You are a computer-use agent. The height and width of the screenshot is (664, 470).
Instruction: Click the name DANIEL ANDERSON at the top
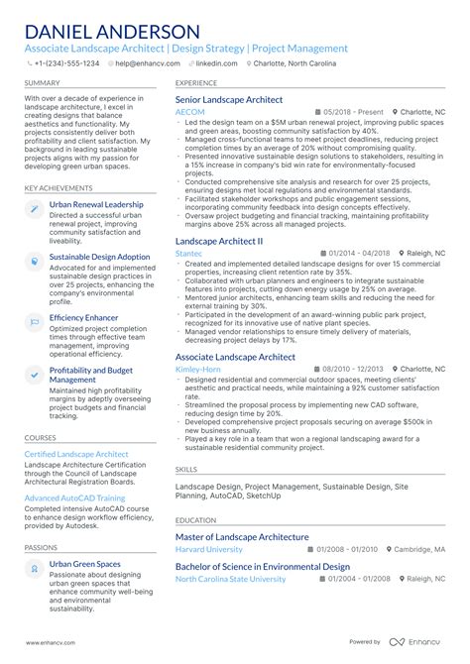(116, 32)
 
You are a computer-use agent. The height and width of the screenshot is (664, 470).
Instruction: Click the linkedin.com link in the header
(217, 62)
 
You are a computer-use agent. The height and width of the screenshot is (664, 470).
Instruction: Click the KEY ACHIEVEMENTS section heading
(60, 186)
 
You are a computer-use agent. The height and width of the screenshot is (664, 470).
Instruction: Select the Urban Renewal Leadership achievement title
(96, 204)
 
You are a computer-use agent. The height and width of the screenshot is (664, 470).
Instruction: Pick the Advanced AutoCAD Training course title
(74, 498)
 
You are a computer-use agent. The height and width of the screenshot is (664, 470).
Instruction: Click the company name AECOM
(190, 113)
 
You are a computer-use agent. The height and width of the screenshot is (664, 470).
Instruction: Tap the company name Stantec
(188, 254)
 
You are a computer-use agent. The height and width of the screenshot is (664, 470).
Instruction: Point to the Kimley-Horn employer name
(198, 370)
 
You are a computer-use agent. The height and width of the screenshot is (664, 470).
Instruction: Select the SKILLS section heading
(186, 469)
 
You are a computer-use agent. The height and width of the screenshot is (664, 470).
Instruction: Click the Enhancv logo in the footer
(421, 641)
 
